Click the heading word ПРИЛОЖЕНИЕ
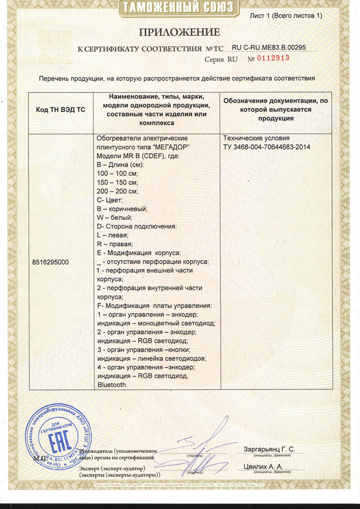coord(179,32)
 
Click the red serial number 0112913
coord(273,58)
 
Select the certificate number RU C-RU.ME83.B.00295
coord(269,47)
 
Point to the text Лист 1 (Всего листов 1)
coord(286,16)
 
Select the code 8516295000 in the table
coord(50,262)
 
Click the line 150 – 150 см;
coord(116,181)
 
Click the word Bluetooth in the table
coord(112,384)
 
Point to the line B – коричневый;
coord(121,208)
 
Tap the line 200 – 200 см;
coord(116,190)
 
